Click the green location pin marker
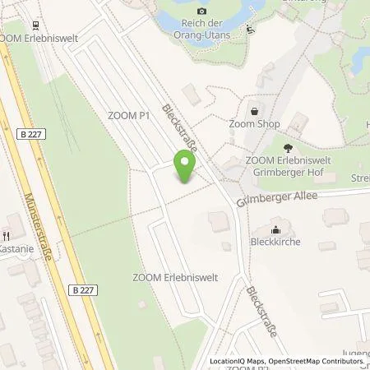tap(186, 168)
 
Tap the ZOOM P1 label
tap(128, 116)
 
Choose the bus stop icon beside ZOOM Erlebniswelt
tap(33, 25)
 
